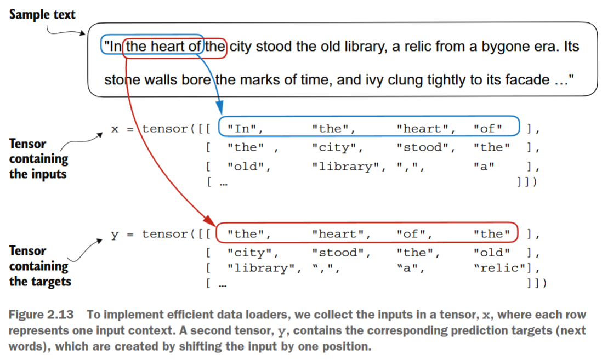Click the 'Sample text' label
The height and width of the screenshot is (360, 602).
coord(42,14)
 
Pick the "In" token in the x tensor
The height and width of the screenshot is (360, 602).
coord(245,129)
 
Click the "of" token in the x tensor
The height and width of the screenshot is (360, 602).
coord(487,129)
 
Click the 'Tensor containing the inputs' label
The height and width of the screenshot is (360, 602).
coord(38,159)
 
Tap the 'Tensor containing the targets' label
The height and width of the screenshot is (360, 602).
coord(39,266)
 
